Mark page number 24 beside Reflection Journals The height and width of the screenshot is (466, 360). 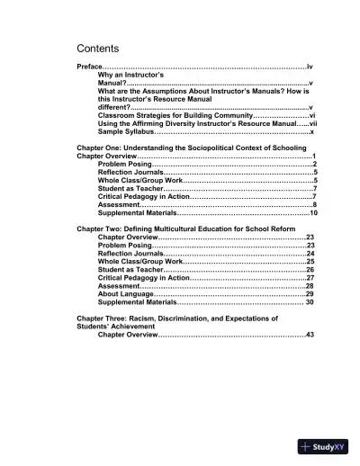pyautogui.click(x=310, y=254)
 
